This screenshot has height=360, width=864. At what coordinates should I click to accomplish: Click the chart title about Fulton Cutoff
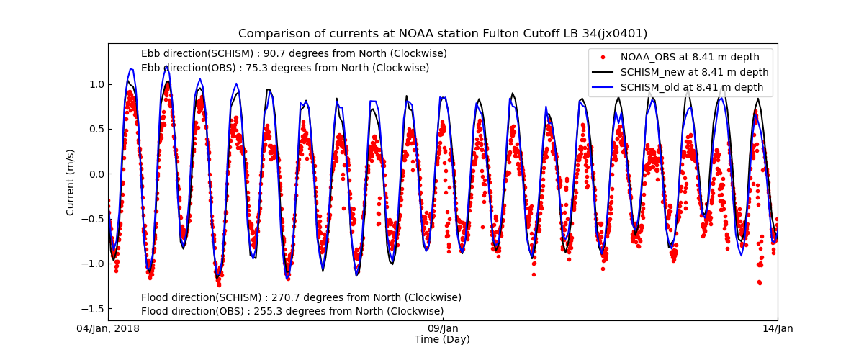pyautogui.click(x=443, y=34)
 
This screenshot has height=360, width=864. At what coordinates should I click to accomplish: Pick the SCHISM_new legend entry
pyautogui.click(x=694, y=72)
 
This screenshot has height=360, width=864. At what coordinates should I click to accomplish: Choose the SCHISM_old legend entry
pyautogui.click(x=691, y=87)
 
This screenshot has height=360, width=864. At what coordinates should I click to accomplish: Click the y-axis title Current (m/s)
pyautogui.click(x=71, y=182)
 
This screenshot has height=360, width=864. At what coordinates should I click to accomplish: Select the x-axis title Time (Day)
pyautogui.click(x=442, y=340)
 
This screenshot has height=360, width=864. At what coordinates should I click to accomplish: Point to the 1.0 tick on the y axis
pyautogui.click(x=96, y=84)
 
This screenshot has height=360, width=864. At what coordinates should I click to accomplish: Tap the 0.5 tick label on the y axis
pyautogui.click(x=96, y=129)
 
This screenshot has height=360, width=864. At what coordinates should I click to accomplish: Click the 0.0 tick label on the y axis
pyautogui.click(x=96, y=174)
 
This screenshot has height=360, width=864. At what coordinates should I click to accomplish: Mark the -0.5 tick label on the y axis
pyautogui.click(x=94, y=219)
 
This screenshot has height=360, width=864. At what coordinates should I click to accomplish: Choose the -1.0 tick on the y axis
pyautogui.click(x=94, y=264)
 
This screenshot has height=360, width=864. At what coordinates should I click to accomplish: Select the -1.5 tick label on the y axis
pyautogui.click(x=94, y=309)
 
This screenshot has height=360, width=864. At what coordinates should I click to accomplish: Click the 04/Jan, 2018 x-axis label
pyautogui.click(x=109, y=329)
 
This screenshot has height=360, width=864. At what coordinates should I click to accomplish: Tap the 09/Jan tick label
pyautogui.click(x=443, y=329)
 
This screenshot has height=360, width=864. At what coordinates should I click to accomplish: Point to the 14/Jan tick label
pyautogui.click(x=777, y=329)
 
